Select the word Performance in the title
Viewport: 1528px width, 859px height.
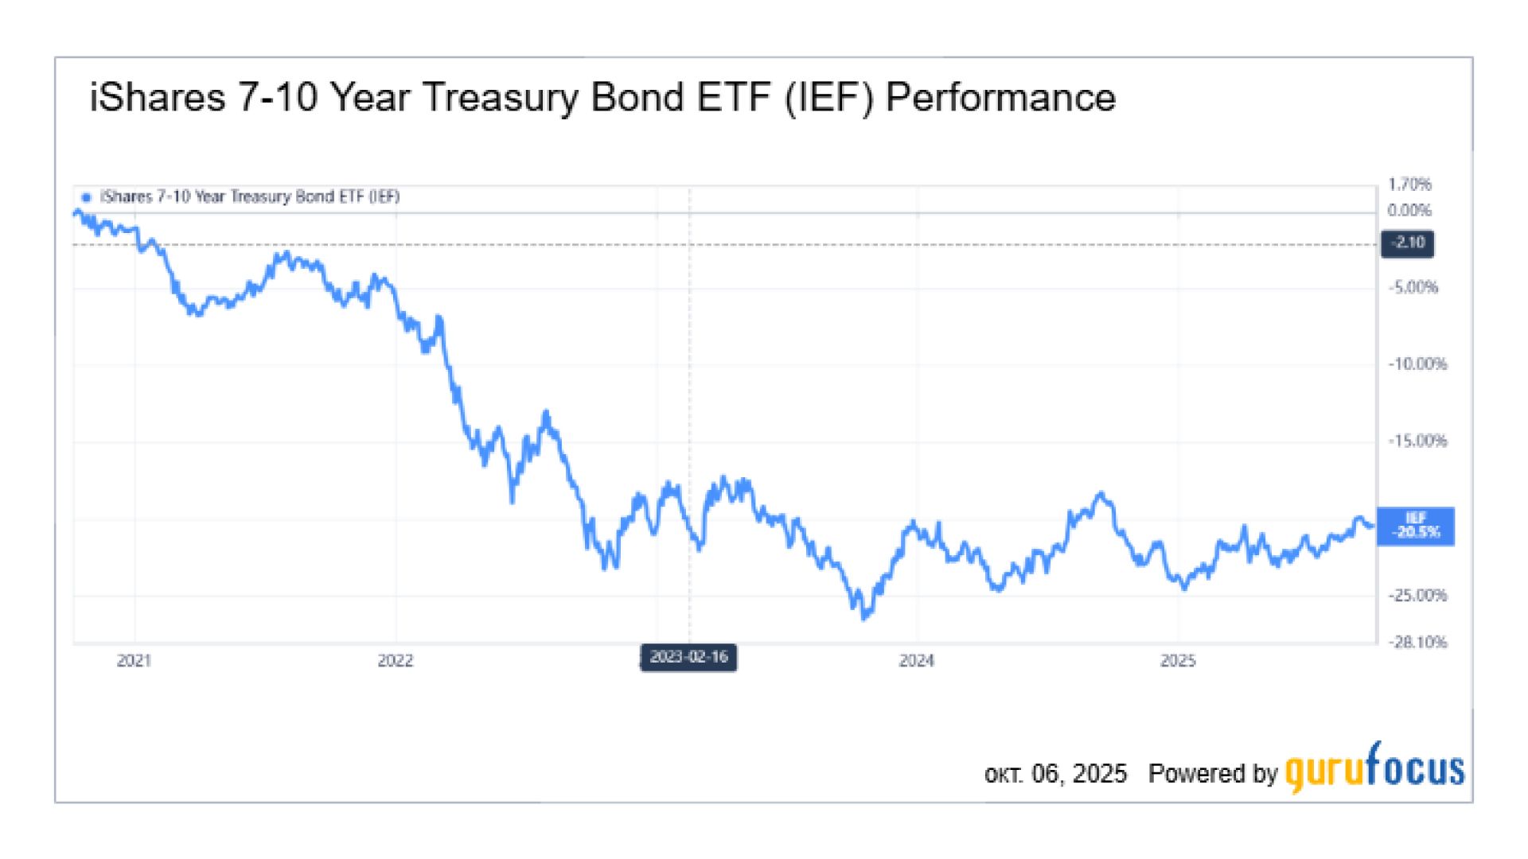click(1000, 99)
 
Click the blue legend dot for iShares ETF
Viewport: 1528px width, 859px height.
click(86, 197)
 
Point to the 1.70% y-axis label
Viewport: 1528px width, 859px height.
click(1409, 185)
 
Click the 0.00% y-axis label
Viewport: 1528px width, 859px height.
click(1409, 211)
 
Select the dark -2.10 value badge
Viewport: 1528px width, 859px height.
click(1408, 243)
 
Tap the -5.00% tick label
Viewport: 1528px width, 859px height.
click(1413, 287)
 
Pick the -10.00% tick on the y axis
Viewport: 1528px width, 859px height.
click(1417, 364)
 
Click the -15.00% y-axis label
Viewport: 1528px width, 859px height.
click(1417, 441)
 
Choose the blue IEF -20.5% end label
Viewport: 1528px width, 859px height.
click(1416, 527)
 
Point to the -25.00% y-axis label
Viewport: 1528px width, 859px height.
click(1417, 596)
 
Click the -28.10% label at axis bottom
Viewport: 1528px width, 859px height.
click(1417, 643)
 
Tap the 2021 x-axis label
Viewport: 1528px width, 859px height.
click(134, 661)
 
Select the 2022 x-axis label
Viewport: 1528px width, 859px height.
click(396, 661)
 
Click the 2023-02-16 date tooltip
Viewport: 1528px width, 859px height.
click(688, 658)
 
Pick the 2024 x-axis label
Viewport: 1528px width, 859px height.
click(917, 661)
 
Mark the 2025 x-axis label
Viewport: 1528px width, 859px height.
click(1178, 661)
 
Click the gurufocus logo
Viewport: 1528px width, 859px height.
click(1374, 768)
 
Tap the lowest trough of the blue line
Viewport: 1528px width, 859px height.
click(865, 617)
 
